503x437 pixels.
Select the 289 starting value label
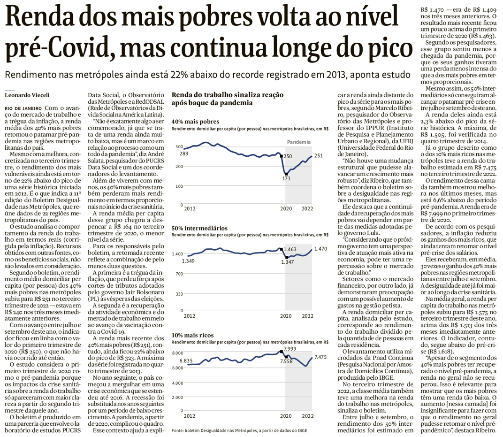183,154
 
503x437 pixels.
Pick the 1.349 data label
189,261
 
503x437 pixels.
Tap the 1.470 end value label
321,249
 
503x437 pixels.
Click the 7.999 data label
290,349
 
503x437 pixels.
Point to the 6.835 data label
191,360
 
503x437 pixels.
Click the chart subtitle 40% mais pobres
196,122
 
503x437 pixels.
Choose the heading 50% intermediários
199,228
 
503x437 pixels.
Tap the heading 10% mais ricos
193,335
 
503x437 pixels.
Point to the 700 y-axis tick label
178,274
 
